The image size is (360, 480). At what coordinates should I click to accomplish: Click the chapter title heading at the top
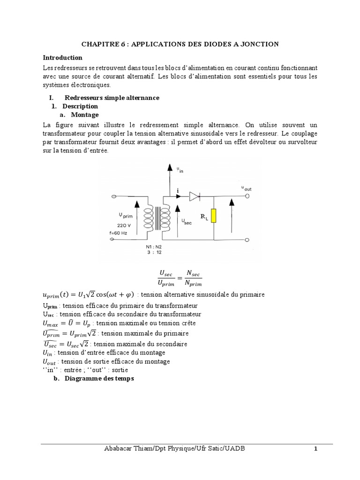(180, 44)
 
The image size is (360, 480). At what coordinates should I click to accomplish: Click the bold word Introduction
(62, 58)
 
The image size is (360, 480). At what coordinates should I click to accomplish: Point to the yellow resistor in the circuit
(213, 216)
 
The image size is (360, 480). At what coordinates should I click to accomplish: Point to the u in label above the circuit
(180, 171)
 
